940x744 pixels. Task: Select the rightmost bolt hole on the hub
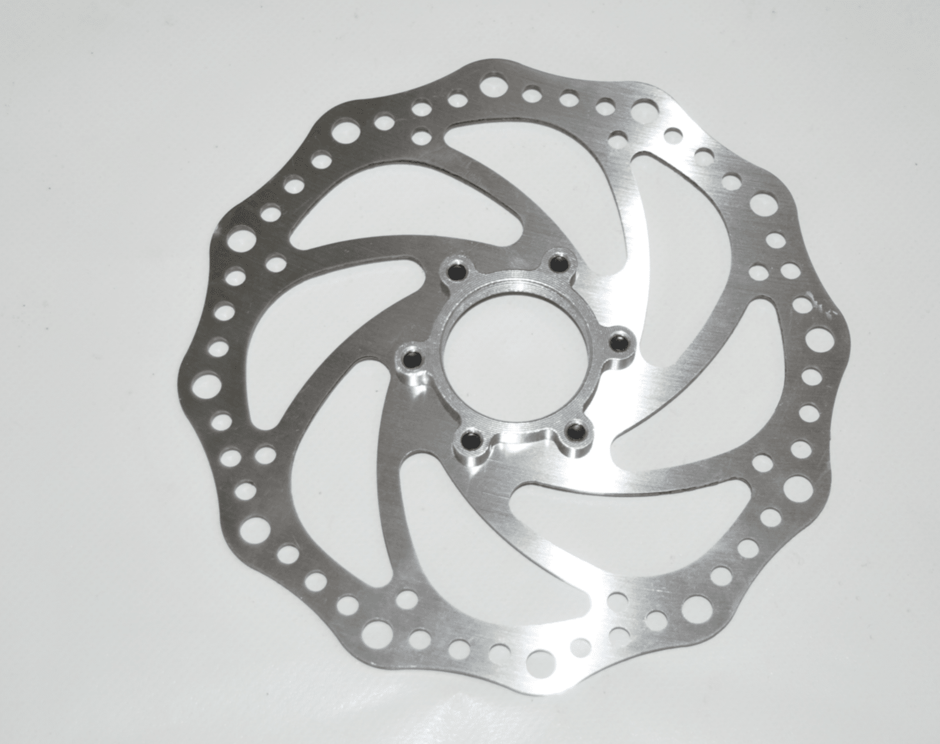pyautogui.click(x=618, y=342)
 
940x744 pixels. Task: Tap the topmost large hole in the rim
pyautogui.click(x=488, y=87)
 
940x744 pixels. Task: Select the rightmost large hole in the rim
pyautogui.click(x=818, y=339)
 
